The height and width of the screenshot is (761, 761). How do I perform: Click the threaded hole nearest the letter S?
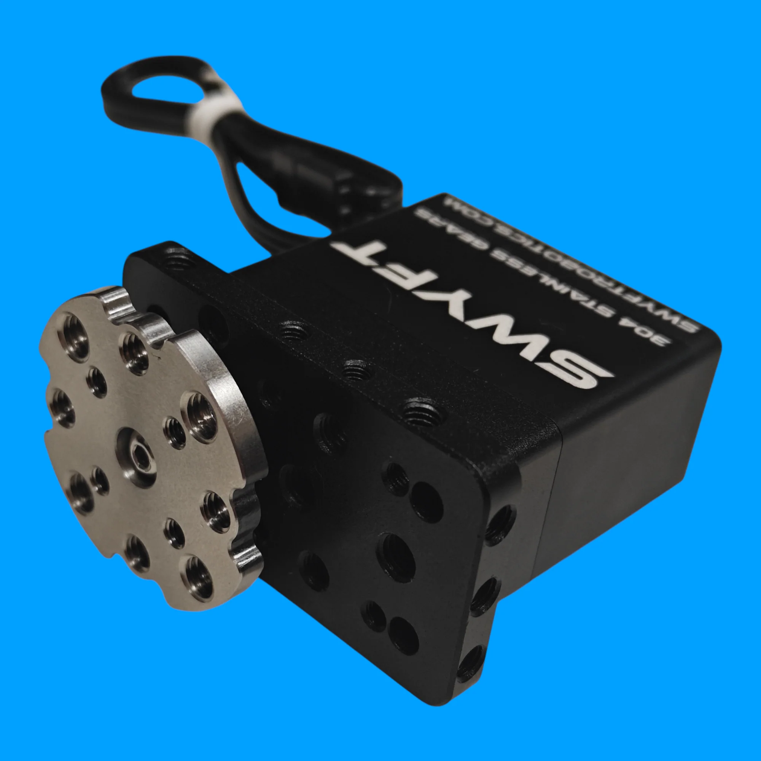click(x=424, y=412)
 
